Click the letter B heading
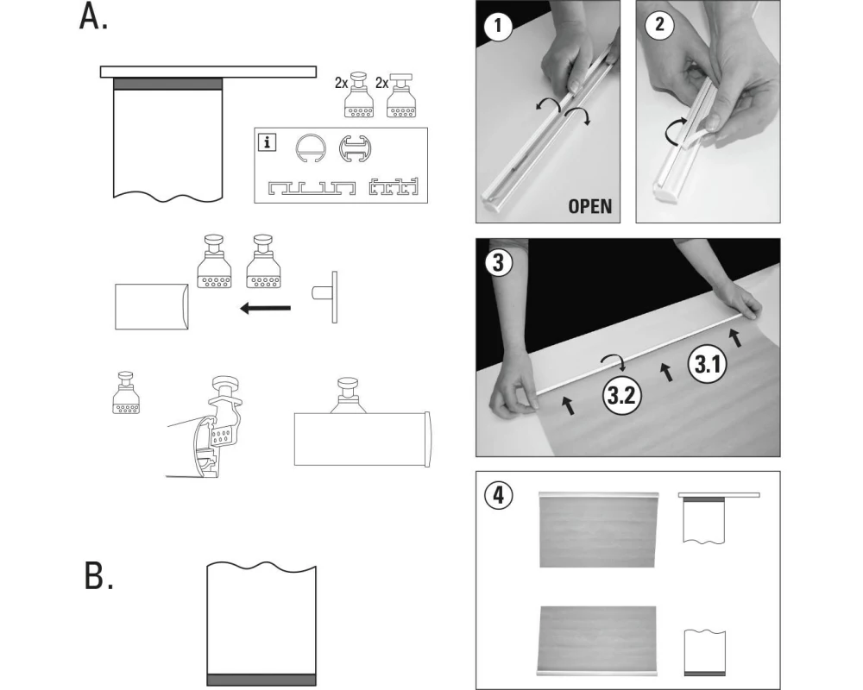click(x=98, y=575)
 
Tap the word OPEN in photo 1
click(x=589, y=206)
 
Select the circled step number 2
click(x=658, y=25)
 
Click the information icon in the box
click(x=268, y=142)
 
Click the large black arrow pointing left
click(x=265, y=308)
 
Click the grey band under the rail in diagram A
click(x=167, y=84)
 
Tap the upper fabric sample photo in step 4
click(x=597, y=529)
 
